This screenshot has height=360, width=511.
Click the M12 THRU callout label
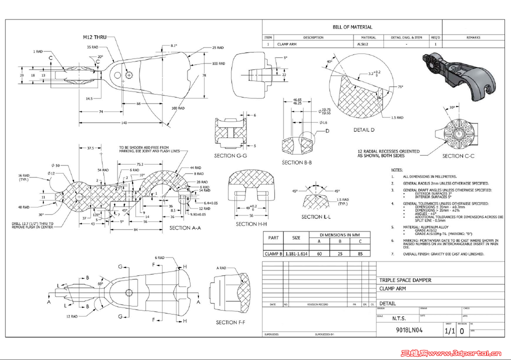point(95,37)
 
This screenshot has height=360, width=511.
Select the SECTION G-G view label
point(231,155)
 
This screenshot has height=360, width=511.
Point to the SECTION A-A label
point(185,227)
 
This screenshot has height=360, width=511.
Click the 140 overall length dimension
point(123,122)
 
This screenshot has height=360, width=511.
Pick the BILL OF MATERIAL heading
point(352,27)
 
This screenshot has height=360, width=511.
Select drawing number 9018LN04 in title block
point(409,330)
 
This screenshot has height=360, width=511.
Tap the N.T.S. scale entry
point(399,318)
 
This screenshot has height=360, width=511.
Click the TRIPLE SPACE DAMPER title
point(405,280)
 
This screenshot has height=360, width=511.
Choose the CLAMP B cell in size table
point(273,253)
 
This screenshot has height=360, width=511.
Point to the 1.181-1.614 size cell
point(296,253)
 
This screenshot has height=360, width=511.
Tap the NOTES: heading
point(397,170)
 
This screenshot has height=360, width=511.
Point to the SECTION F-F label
point(230,322)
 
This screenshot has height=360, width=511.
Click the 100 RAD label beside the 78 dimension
point(218,63)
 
